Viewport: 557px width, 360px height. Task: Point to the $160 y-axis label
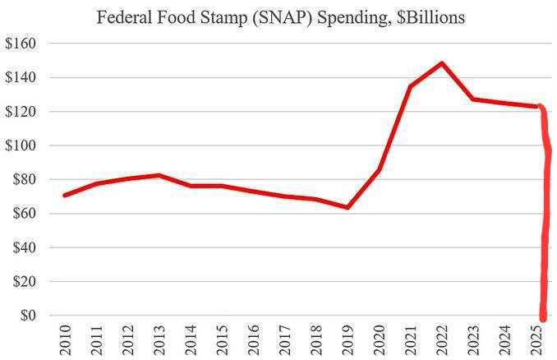tap(18, 44)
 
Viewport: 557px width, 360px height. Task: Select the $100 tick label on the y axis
tap(18, 145)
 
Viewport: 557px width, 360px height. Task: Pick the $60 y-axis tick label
tap(21, 214)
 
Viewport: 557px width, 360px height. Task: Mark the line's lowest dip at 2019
tap(348, 207)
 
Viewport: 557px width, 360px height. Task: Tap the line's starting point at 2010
tap(64, 195)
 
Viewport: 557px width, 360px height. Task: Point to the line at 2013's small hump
tap(159, 175)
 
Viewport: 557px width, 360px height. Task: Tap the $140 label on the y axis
tap(18, 78)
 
